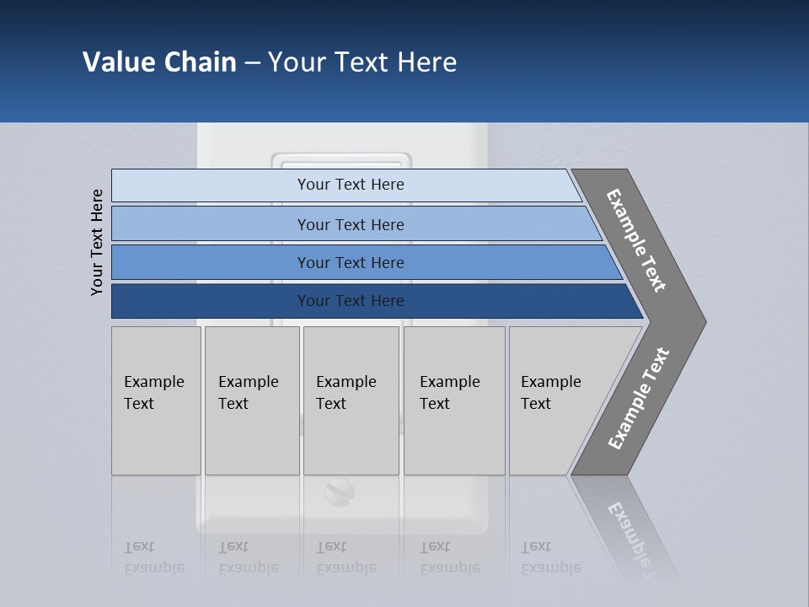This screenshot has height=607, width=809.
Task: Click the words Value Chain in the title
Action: coord(159,62)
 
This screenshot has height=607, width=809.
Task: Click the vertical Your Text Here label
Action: coord(97,242)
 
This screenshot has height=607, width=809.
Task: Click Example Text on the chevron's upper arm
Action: coord(636,240)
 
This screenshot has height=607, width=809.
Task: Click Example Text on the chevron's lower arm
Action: coord(639,399)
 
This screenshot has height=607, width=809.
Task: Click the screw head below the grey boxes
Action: coord(340,492)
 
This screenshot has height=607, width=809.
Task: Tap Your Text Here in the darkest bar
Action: coord(351,301)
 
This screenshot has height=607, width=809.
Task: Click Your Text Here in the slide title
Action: coord(362,62)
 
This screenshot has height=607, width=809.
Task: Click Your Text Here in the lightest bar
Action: coord(351,185)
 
